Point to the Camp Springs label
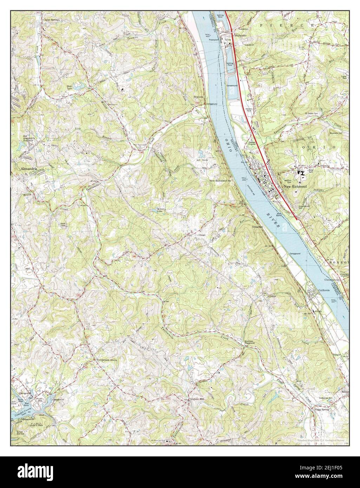pyautogui.click(x=52, y=20)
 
